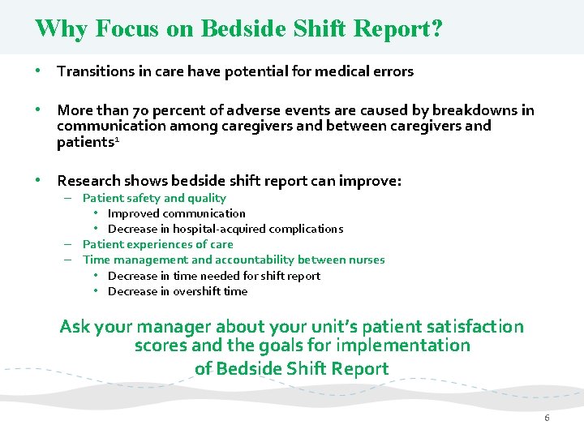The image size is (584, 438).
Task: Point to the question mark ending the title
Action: (436, 29)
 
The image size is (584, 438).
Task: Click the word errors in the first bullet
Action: (393, 71)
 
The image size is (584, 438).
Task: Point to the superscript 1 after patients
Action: (118, 140)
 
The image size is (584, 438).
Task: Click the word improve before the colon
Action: (371, 181)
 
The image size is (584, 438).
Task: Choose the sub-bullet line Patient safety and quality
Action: (154, 198)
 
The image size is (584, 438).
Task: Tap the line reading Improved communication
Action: (176, 213)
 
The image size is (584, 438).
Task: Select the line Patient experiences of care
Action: (157, 244)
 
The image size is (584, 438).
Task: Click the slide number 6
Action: (547, 418)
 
